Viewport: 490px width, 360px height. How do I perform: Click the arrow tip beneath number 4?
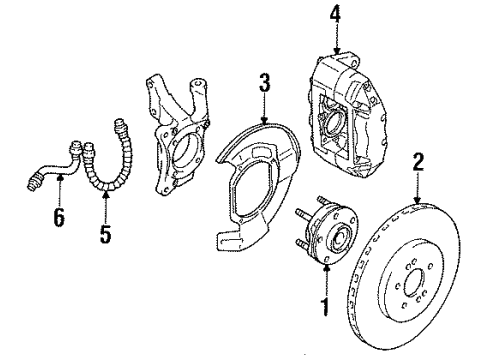336,53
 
